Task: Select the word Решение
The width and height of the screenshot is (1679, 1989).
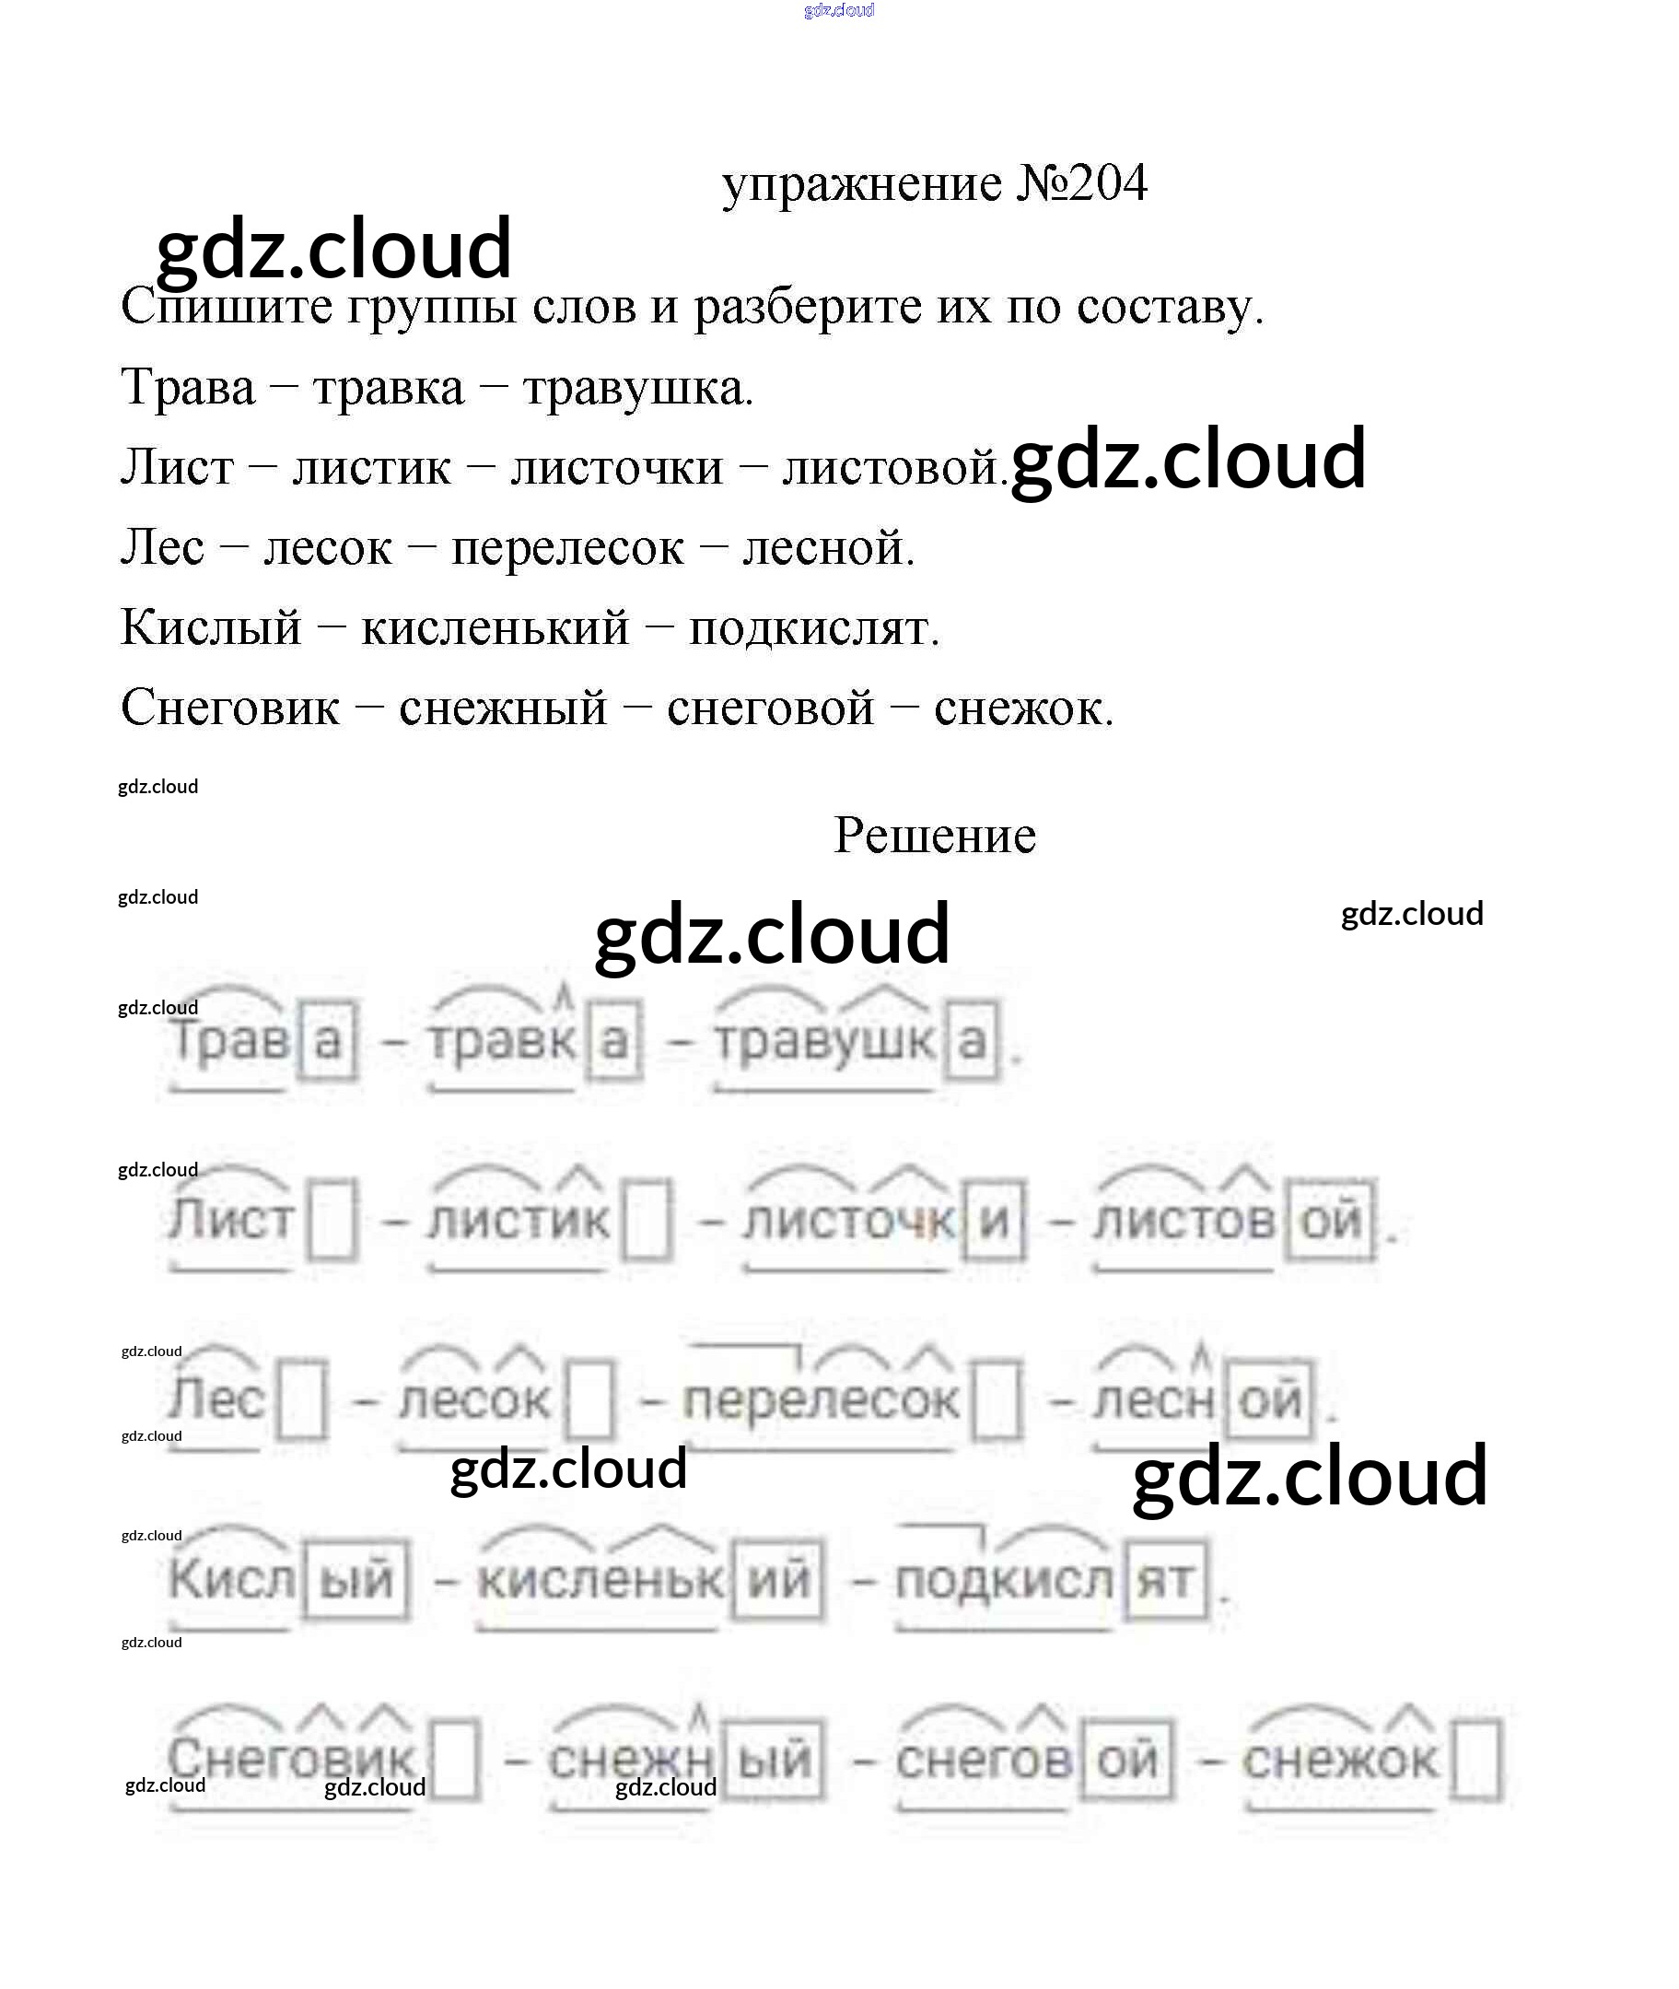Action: [934, 835]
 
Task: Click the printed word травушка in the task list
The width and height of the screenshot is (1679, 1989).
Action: [637, 388]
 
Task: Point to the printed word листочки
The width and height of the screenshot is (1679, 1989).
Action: [617, 467]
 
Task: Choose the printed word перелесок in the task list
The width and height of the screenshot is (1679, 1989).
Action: [566, 547]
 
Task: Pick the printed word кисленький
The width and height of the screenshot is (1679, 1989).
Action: [495, 627]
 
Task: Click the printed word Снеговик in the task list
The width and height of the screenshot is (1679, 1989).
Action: [230, 708]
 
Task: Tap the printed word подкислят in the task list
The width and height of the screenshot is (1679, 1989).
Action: [814, 627]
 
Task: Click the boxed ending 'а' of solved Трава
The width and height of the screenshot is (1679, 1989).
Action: [328, 1040]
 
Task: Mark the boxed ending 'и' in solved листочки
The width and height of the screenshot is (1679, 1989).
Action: [994, 1220]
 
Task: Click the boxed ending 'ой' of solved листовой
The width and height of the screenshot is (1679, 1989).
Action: [1331, 1220]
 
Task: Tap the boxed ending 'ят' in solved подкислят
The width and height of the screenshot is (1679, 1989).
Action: [1166, 1582]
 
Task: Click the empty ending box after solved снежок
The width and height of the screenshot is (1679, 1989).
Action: [1476, 1760]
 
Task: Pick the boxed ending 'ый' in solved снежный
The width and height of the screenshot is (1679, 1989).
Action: [775, 1760]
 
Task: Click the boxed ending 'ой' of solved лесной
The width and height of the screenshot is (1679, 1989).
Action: [1270, 1399]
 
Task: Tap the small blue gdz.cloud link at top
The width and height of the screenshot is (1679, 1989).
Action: [838, 10]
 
